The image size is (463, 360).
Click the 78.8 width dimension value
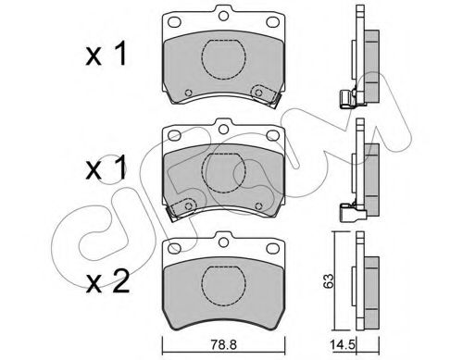(223, 344)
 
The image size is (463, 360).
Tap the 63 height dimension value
(329, 280)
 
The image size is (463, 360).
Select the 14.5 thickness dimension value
(343, 344)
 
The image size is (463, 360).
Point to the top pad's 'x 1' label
(106, 54)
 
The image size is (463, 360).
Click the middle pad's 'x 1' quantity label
(106, 168)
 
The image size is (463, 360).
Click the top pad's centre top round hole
(223, 16)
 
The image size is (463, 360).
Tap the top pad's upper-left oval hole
(174, 22)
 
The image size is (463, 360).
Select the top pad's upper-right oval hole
(272, 22)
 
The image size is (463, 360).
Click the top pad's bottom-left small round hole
(188, 93)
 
